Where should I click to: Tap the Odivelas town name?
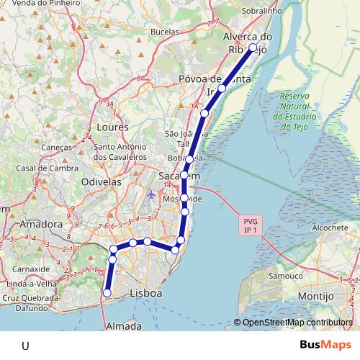point(102,182)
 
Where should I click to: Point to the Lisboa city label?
point(146,294)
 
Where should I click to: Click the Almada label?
point(123,326)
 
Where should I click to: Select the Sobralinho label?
point(261,12)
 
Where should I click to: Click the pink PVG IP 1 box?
point(251,225)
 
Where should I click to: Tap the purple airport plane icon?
point(150,194)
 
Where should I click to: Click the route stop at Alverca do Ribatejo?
point(253,47)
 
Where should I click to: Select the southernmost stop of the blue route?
point(107,293)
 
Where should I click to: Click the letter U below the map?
point(25,346)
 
